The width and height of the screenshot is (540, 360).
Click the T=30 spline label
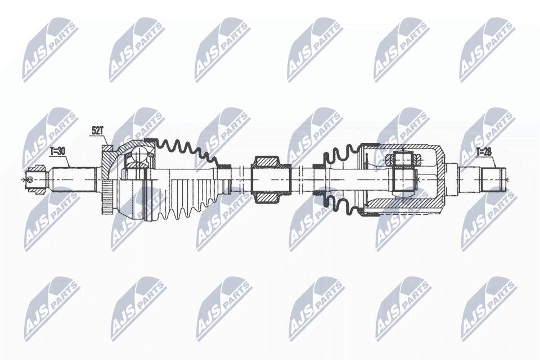(x=57, y=151)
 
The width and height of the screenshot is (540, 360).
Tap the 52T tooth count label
(x=97, y=130)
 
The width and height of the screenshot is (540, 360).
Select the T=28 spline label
(x=484, y=151)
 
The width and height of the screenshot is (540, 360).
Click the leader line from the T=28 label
(x=494, y=159)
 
